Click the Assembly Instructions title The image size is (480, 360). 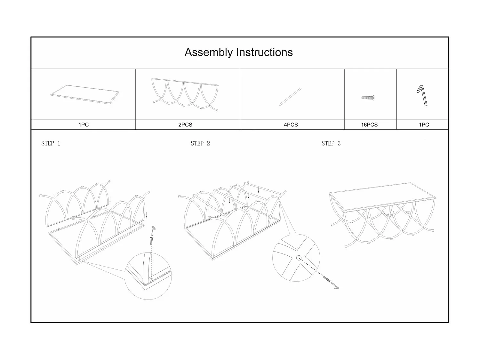238,52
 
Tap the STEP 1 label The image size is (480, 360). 51,143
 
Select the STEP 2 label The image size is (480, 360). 200,143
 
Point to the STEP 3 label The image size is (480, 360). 331,143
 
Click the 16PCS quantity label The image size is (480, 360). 369,125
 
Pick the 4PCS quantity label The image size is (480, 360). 291,125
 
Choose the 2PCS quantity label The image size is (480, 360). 185,125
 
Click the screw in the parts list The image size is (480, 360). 368,98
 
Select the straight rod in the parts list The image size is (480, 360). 290,97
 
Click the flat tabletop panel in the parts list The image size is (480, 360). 85,94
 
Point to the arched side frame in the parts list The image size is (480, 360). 186,94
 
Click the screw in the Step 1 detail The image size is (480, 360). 152,240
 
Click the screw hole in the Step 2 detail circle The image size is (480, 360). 299,258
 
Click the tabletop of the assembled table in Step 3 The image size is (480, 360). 382,196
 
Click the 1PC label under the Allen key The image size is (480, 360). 424,125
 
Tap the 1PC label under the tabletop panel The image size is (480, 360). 84,125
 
